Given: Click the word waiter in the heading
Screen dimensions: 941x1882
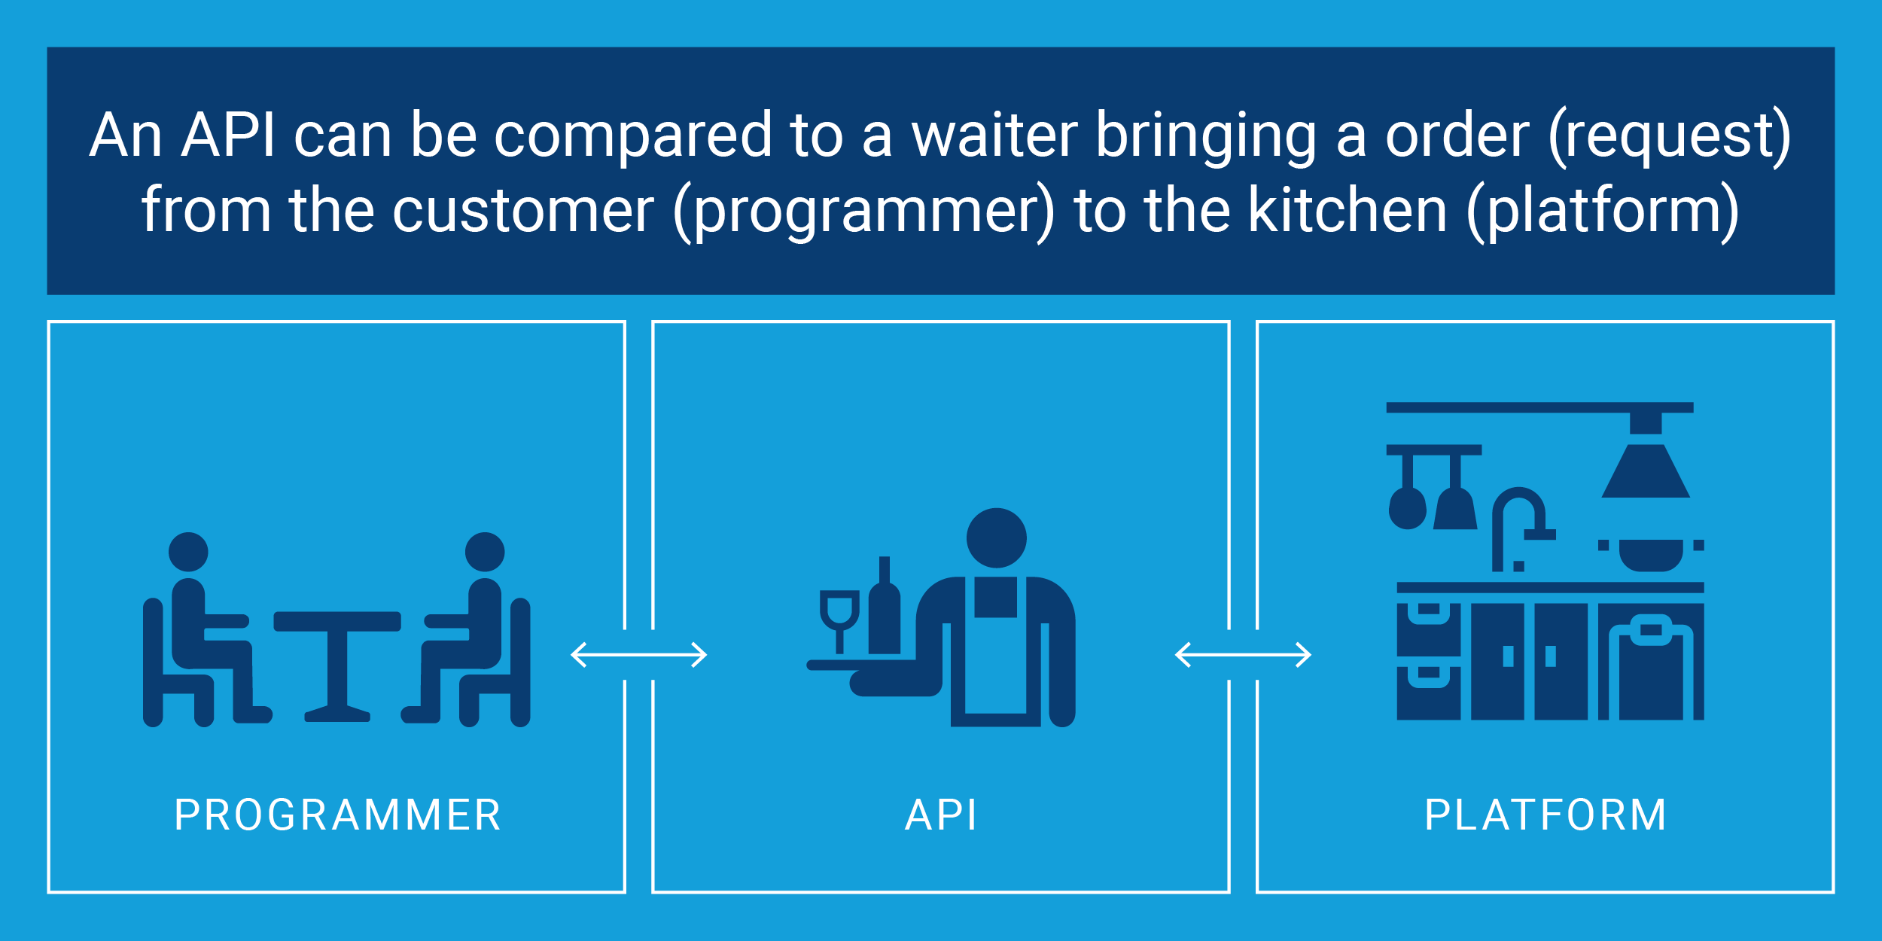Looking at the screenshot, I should pos(994,136).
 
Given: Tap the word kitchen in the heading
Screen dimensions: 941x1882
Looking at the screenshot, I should pos(1348,210).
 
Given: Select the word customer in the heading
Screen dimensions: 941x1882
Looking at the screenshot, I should pos(523,212).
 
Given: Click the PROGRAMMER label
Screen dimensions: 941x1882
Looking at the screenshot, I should pos(337,815).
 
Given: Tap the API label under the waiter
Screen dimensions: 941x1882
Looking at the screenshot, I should pos(941,815).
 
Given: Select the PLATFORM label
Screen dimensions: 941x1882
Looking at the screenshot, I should pos(1545,815).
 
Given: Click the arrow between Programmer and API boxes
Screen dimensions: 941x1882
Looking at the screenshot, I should pos(638,654).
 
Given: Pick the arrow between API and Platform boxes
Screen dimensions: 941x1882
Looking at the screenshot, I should pos(1243,654).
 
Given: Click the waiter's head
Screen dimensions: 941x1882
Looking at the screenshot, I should pos(996,537).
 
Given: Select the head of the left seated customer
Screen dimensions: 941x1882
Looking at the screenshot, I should pos(188,552).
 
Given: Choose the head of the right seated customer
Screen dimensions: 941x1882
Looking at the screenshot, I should pos(485,552).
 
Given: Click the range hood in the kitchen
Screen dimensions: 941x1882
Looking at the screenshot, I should pos(1645,470).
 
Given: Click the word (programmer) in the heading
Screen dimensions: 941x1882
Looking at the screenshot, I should pos(863,212).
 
